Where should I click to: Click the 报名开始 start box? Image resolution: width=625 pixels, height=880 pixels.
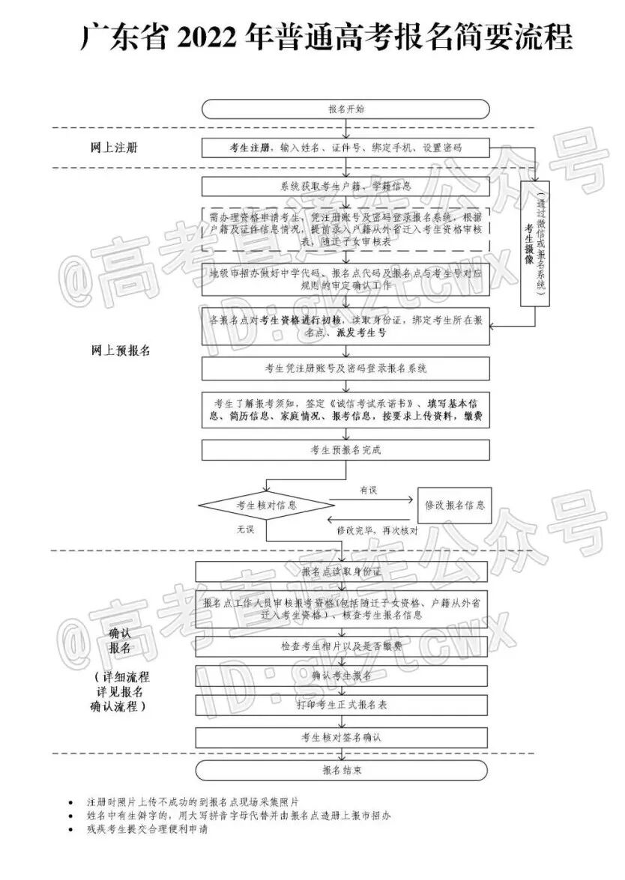point(345,109)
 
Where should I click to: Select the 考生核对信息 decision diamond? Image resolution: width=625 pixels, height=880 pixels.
point(266,505)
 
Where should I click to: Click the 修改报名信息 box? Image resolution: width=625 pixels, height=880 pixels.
point(454,505)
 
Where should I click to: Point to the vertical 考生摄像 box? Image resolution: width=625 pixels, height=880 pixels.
point(535,244)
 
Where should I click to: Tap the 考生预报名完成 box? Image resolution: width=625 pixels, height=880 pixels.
point(345,450)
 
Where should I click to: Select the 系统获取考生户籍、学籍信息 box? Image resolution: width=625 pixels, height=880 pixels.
point(345,186)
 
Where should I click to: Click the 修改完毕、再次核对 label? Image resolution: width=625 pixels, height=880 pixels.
point(387,529)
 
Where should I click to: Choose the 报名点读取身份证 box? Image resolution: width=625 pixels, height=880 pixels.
point(342,571)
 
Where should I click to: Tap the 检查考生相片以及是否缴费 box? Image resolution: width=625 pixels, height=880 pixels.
point(342,646)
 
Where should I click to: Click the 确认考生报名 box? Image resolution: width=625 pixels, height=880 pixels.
point(342,676)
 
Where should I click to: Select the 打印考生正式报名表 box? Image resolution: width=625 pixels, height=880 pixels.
point(342,705)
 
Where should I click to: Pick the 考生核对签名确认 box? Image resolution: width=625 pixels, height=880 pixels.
point(342,737)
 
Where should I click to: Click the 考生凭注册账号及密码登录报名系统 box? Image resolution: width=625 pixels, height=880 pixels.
point(345,368)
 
